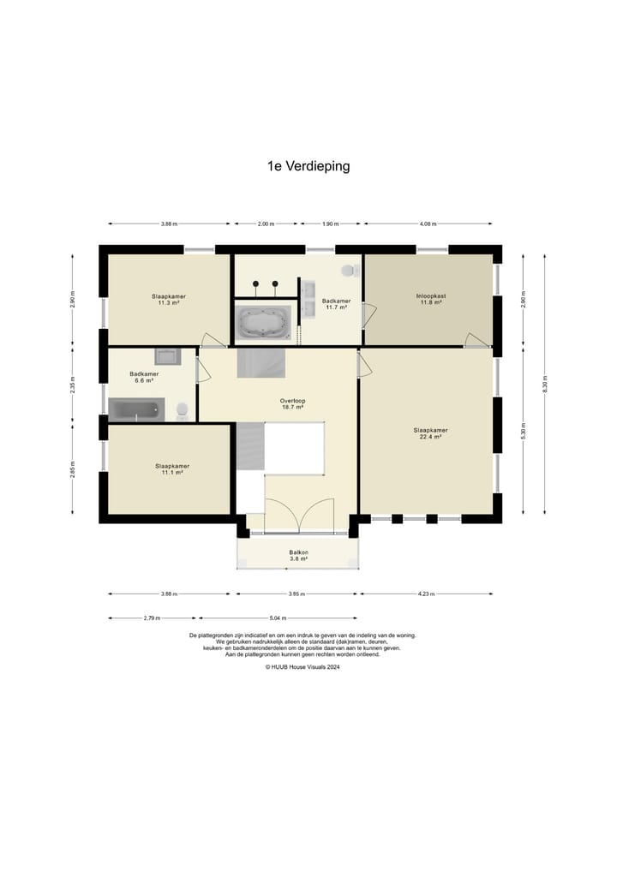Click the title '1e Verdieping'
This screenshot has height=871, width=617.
click(x=308, y=166)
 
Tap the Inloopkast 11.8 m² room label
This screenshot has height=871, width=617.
click(x=431, y=300)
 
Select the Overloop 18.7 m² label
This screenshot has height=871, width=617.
click(x=293, y=404)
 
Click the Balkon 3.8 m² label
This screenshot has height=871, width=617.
click(x=298, y=556)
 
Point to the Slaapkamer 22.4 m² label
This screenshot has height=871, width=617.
click(x=430, y=433)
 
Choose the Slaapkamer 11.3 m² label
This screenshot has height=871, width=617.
click(x=169, y=300)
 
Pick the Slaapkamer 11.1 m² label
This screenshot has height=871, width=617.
click(x=172, y=469)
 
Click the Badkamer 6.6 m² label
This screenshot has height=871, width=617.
click(x=144, y=377)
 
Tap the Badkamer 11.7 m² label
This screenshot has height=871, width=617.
click(x=336, y=304)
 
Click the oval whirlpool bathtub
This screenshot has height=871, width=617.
click(x=263, y=323)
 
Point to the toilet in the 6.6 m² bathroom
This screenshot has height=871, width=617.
click(x=183, y=412)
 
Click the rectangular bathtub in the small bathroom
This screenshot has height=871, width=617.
click(x=136, y=410)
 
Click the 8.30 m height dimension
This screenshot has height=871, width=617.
click(x=545, y=384)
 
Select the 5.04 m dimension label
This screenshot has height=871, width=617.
click(x=278, y=617)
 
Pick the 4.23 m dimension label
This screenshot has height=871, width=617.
click(x=427, y=594)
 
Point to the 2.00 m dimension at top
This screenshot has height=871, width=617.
click(x=266, y=224)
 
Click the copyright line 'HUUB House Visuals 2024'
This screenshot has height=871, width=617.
click(x=302, y=667)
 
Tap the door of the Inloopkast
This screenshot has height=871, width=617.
click(x=476, y=340)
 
